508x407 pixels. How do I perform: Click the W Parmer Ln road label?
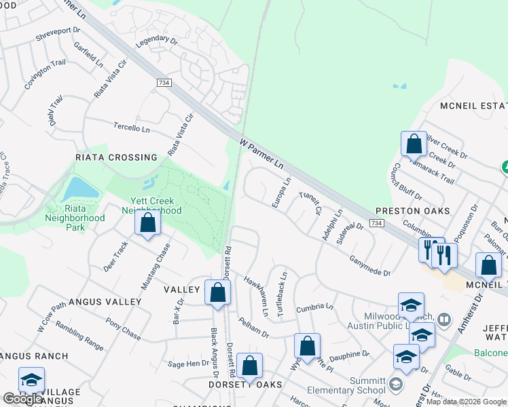pos(261,154)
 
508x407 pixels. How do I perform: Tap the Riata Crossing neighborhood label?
pos(115,157)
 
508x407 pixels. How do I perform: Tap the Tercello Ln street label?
pos(132,128)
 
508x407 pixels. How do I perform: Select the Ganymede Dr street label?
pos(370,266)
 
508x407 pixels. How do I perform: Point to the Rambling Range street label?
pos(80,336)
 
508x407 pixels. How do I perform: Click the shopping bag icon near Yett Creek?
pos(147,223)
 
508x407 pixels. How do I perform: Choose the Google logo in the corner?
pos(22,399)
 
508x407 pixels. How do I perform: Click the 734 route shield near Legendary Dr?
pos(163,83)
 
